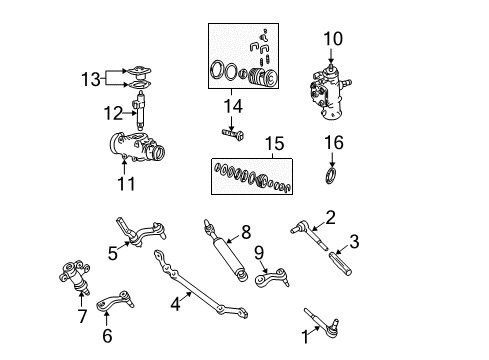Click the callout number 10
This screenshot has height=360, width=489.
pos(333,40)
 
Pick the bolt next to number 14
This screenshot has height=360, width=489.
pos(230,131)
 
